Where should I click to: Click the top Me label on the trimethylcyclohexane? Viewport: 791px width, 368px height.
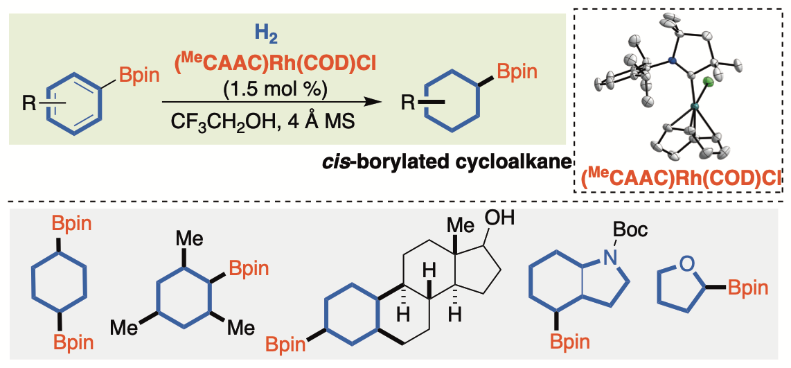click(188, 240)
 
